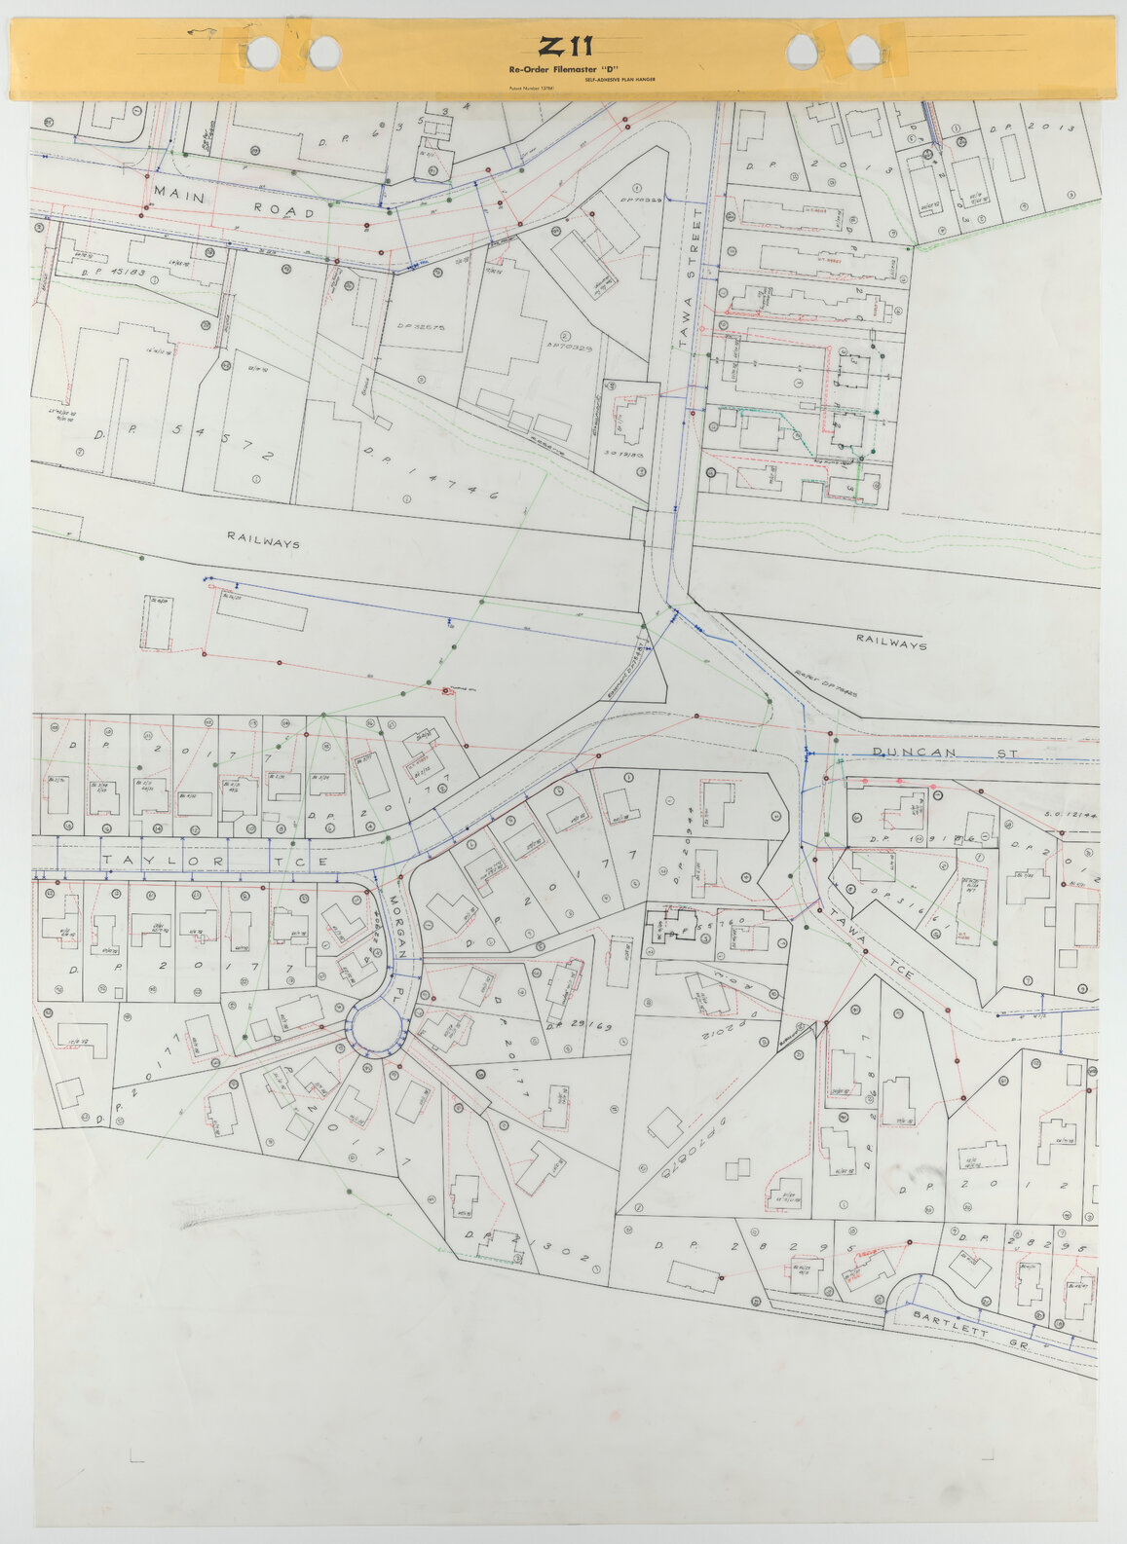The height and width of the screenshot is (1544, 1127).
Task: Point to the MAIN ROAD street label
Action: click(233, 203)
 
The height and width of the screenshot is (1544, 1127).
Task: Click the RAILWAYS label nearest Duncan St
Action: click(891, 642)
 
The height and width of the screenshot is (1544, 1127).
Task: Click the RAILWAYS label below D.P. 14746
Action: click(263, 538)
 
